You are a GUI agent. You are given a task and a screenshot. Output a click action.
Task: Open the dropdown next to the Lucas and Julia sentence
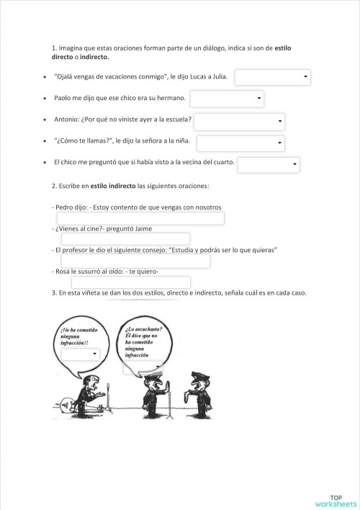click(273, 76)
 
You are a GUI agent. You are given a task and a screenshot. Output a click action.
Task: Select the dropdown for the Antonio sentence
click(240, 122)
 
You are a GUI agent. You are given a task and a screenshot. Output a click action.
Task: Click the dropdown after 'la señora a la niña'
click(240, 143)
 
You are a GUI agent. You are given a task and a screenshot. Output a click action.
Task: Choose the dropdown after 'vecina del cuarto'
click(268, 166)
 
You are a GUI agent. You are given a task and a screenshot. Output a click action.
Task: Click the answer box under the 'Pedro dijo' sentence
click(140, 218)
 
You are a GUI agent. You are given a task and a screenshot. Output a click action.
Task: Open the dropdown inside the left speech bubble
click(80, 354)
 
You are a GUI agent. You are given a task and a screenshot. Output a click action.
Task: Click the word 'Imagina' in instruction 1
click(71, 48)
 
